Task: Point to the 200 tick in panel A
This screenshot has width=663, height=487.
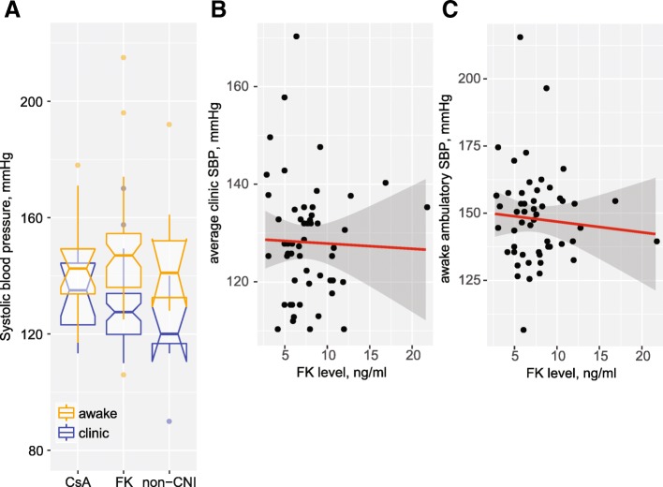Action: (x=37, y=101)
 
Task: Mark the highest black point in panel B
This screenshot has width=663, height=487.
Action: (x=296, y=37)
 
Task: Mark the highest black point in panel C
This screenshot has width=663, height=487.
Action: (x=520, y=37)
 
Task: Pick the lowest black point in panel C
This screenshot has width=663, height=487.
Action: (x=523, y=330)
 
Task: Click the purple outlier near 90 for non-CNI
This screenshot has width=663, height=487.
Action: (x=169, y=421)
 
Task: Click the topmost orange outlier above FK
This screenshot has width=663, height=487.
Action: (x=123, y=58)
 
